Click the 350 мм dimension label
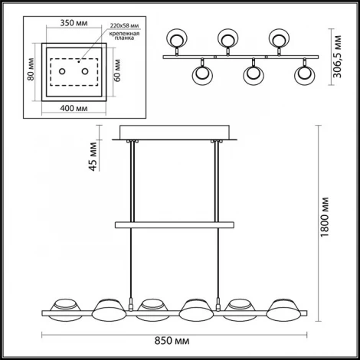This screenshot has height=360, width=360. pos(74,23)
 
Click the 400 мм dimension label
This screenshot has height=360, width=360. pos(74,108)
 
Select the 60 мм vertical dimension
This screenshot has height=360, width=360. pos(117,70)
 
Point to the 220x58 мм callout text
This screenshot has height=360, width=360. pos(124,25)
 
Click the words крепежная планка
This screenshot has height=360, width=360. pos(124,36)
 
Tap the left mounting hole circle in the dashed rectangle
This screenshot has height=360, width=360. pos(62,71)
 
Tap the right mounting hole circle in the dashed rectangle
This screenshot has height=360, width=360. pos(85,71)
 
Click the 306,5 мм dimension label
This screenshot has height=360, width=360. pos(338,57)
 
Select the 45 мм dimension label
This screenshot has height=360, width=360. pos(93,156)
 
